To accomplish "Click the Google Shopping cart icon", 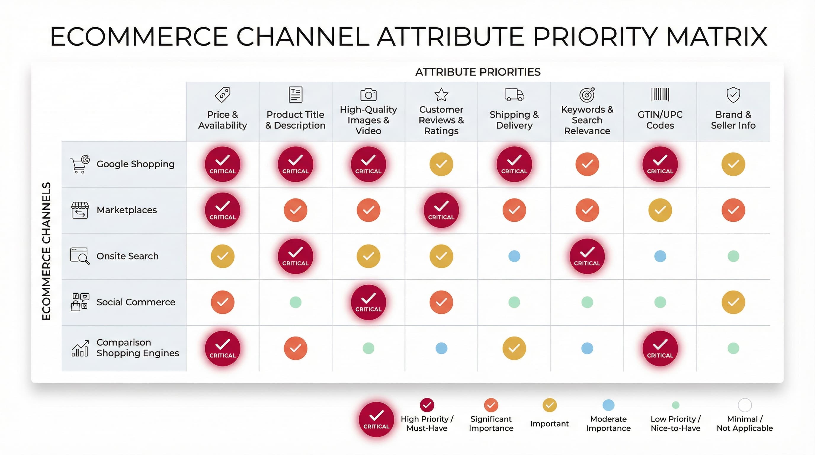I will (x=80, y=164).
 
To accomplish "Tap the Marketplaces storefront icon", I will (x=80, y=210).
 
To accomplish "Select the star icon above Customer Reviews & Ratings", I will (x=441, y=94).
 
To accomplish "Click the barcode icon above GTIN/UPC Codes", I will (x=660, y=94).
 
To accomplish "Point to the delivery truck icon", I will (x=514, y=94).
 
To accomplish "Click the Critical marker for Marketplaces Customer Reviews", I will (x=441, y=210).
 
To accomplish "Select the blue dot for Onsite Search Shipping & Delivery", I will (x=514, y=256).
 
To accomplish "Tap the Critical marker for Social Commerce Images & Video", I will (x=368, y=302).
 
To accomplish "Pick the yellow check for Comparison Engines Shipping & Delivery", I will (x=514, y=348).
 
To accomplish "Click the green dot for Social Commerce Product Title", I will (x=295, y=302).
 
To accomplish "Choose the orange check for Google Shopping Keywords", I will (x=587, y=164).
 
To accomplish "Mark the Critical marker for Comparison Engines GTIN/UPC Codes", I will (x=660, y=348).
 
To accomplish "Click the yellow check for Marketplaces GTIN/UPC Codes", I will (x=660, y=210).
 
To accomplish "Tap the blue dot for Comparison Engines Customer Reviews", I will (x=441, y=348).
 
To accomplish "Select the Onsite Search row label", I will (x=127, y=256).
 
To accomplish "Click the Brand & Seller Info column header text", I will (x=733, y=120).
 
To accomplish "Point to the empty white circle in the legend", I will (x=745, y=405).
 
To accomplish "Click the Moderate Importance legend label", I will (x=608, y=423).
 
